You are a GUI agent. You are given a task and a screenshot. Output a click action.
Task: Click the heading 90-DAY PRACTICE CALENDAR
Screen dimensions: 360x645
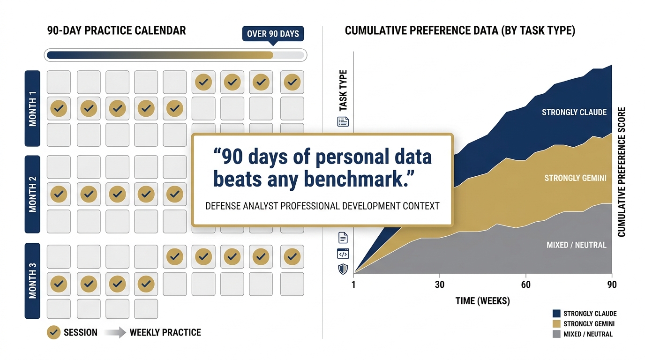(x=117, y=31)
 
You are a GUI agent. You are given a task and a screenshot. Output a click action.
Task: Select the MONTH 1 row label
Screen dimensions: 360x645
(x=32, y=108)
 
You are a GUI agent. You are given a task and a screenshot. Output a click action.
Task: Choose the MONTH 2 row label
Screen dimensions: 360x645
(x=32, y=194)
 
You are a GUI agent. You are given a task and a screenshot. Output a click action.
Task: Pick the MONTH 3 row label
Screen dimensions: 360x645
(x=32, y=281)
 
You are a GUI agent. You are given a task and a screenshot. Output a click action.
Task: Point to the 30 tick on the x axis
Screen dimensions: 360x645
(x=440, y=285)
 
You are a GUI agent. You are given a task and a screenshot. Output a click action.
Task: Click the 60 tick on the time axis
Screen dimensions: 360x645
(x=526, y=285)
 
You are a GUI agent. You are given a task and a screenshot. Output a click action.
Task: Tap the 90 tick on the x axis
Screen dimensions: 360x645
(x=611, y=285)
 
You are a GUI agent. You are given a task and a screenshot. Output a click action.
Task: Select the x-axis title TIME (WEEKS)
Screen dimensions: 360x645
(x=482, y=301)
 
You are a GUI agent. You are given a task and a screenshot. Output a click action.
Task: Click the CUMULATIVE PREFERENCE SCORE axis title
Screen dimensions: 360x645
(x=622, y=172)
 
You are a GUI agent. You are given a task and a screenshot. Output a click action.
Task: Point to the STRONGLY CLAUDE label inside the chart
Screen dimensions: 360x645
(x=574, y=112)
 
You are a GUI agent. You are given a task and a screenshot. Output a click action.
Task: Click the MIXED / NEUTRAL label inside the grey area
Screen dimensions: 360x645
(x=576, y=245)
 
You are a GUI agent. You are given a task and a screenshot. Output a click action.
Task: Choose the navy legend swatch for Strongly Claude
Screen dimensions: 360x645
(x=556, y=314)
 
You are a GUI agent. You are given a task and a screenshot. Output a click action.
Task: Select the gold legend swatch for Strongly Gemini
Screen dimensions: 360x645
(x=556, y=324)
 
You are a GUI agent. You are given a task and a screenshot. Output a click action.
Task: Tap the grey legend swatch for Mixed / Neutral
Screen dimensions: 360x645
(x=556, y=334)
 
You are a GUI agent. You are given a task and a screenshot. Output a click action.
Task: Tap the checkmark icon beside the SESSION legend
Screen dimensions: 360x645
(x=54, y=332)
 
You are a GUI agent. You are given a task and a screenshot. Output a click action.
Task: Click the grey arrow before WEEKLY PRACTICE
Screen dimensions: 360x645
(x=115, y=332)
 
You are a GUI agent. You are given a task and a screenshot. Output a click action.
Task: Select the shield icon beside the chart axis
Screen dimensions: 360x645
(x=343, y=269)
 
